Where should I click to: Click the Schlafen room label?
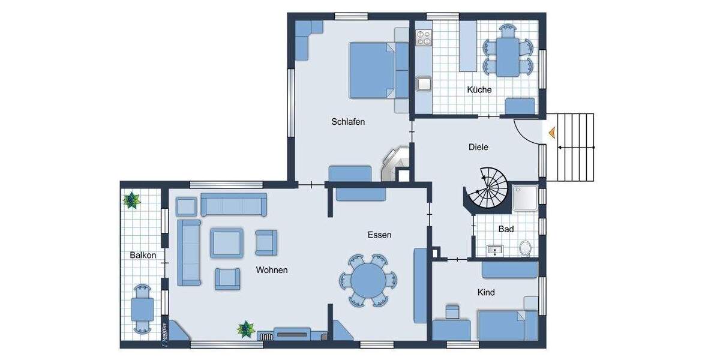[348, 122]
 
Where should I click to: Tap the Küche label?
[479, 90]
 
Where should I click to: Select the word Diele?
[478, 146]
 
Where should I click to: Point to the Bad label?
[506, 229]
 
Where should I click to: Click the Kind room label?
[486, 292]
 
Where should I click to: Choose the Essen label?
[379, 235]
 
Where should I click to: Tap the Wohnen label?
[271, 270]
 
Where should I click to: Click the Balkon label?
[143, 255]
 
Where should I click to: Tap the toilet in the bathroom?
[526, 248]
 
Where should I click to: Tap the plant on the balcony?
[131, 200]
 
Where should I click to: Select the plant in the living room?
[245, 329]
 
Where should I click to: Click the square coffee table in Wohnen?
[227, 242]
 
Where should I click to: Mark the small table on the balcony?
[143, 310]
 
